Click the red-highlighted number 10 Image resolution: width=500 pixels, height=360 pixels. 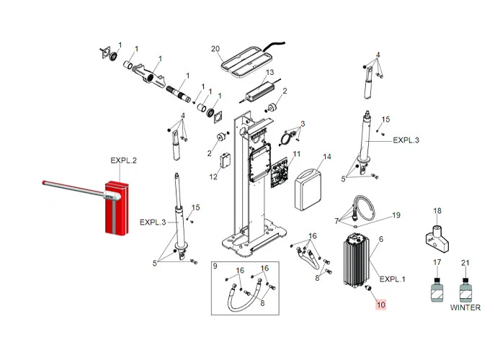pyautogui.click(x=381, y=305)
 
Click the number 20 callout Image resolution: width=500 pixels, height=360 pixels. pyautogui.click(x=215, y=48)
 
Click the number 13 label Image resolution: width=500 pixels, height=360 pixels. pyautogui.click(x=270, y=73)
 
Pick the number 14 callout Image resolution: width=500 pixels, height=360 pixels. pyautogui.click(x=326, y=156)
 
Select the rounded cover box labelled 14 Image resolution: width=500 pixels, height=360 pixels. pyautogui.click(x=312, y=186)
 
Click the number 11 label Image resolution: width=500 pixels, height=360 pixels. pyautogui.click(x=297, y=155)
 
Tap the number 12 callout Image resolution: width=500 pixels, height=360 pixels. pyautogui.click(x=213, y=176)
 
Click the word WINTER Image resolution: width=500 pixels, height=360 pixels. pyautogui.click(x=465, y=307)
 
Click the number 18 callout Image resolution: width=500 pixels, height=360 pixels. pyautogui.click(x=437, y=211)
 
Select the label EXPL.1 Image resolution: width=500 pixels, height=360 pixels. pyautogui.click(x=393, y=279)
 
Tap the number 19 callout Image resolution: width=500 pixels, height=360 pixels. pyautogui.click(x=396, y=215)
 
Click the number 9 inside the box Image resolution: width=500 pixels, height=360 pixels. pyautogui.click(x=215, y=267)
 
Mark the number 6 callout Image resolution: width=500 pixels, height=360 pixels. pyautogui.click(x=380, y=238)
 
